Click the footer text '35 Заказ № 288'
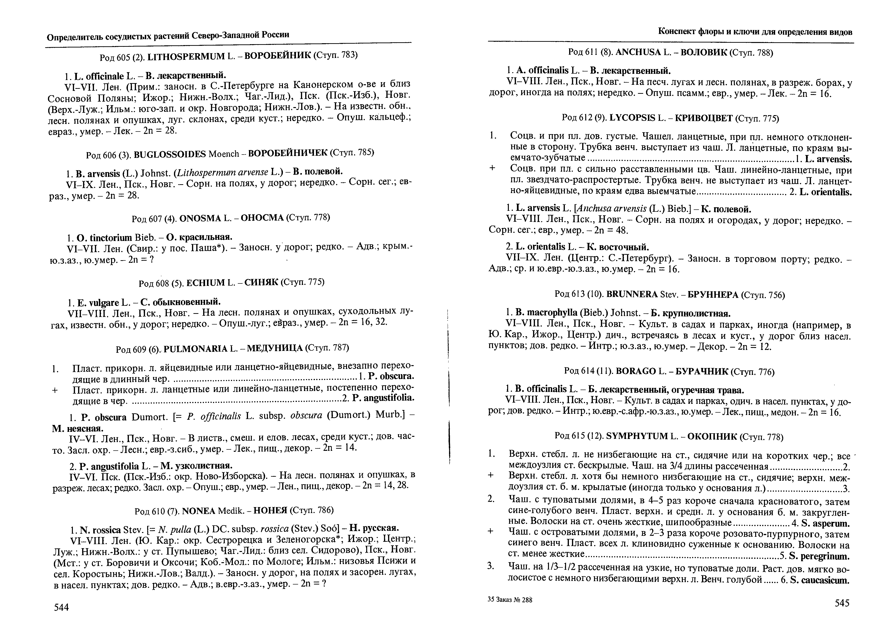pos(510,599)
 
